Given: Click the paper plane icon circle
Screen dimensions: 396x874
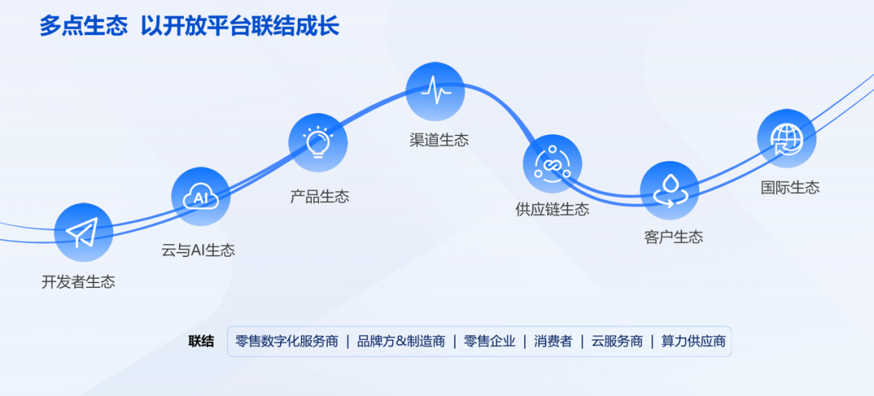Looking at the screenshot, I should pos(83,233).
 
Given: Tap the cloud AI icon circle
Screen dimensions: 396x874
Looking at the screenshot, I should pos(201,196).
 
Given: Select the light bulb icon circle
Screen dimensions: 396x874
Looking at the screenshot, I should pos(318,143).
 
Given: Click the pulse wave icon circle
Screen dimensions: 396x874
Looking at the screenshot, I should pos(435,91).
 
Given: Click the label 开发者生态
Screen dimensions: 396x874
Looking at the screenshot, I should pos(78,282).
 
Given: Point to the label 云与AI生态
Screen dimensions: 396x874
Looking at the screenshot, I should pos(198,250).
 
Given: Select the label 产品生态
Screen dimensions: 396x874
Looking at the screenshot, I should pos(320,196).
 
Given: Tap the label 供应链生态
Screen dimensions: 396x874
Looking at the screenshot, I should pos(552,209).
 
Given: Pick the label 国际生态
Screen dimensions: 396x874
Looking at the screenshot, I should pos(790,187).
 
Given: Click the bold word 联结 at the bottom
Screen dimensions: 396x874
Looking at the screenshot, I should pos(202,341).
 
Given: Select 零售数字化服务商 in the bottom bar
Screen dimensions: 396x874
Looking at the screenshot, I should pos(286,341).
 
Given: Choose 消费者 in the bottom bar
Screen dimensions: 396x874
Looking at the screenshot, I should pos(553,341).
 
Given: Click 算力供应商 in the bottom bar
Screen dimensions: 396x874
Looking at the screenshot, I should pos(694,341).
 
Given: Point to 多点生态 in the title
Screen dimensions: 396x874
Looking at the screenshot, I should pos(83,27).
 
